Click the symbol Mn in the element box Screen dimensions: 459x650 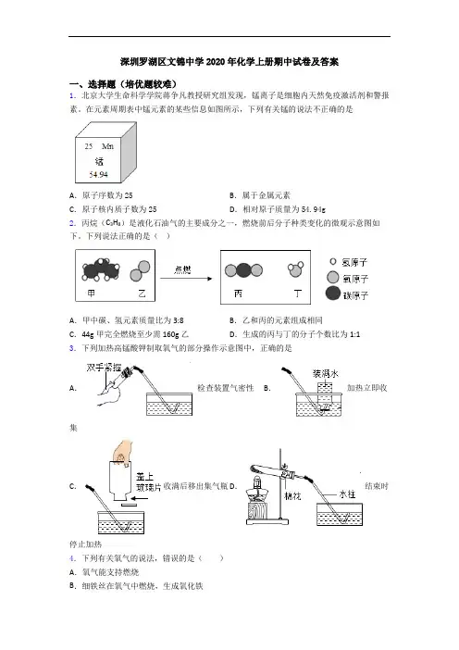pos(107,146)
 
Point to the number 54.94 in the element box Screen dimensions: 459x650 pos(98,174)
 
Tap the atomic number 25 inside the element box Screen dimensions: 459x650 pos(89,146)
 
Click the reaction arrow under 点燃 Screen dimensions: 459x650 pos(186,279)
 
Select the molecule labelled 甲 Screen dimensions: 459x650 pos(101,270)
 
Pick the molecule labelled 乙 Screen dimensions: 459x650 pos(140,270)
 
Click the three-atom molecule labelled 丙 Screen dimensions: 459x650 pos(243,270)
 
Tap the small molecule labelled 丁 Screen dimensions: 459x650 pos(295,269)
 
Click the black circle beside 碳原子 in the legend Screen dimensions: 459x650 pos(332,294)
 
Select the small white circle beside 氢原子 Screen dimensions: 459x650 pos(332,262)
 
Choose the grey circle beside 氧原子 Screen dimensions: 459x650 pos(332,277)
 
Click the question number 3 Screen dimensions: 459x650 pos(72,348)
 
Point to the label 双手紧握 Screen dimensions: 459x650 pos(104,368)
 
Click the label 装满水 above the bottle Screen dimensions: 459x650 pos(325,374)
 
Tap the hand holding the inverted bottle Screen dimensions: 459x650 pos(123,451)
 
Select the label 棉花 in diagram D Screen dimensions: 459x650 pos(292,495)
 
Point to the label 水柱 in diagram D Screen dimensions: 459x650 pos(347,494)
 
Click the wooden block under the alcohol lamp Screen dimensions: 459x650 pos(257,510)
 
